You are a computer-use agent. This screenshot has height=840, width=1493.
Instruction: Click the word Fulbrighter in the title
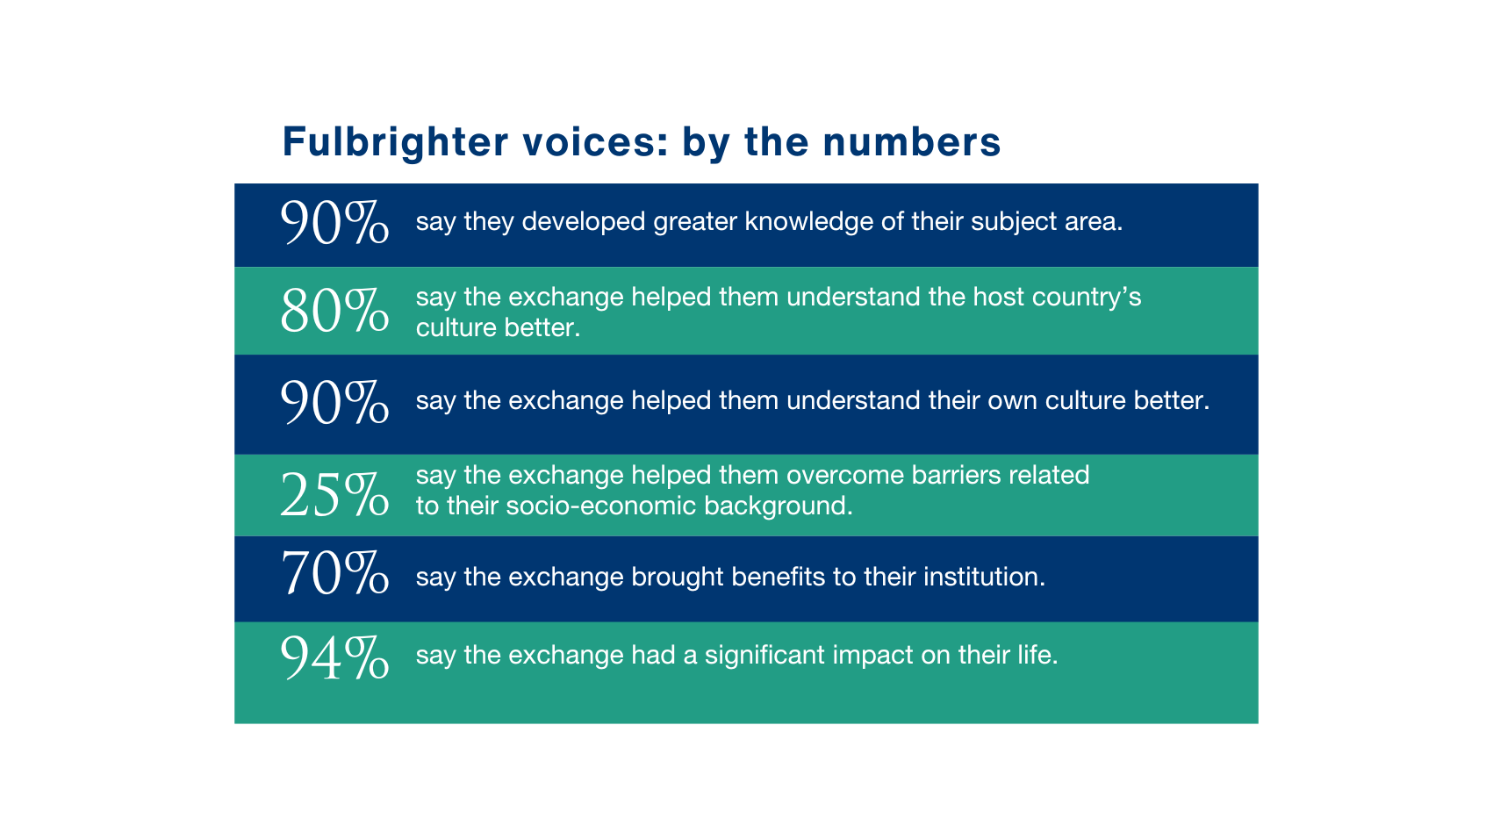coord(395,141)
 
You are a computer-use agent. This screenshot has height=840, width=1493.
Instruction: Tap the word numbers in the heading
coord(912,141)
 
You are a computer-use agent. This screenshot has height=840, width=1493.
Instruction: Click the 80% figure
coord(334,311)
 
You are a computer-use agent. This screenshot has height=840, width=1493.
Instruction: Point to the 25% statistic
coord(334,495)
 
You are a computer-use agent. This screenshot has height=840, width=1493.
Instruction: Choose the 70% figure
coord(334,572)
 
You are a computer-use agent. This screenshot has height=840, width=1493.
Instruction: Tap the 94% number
coord(334,657)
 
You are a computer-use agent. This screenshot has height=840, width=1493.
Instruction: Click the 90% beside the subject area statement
coord(334,223)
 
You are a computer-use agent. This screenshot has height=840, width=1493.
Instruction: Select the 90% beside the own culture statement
coord(334,401)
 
